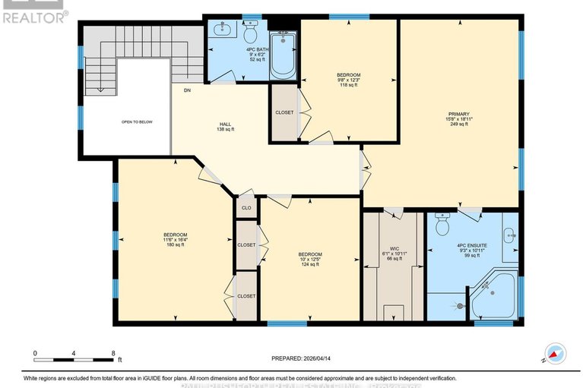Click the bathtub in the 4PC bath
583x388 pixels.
pos(283,53)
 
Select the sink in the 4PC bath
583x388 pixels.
pos(223,30)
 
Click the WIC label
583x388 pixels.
pos(394,248)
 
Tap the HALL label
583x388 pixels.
pos(226,125)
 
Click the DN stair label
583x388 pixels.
pos(186,90)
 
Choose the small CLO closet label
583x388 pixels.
pos(246,207)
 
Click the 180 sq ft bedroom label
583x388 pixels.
pos(175,240)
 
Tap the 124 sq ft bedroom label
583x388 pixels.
pos(309,259)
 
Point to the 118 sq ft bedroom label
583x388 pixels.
pos(349,80)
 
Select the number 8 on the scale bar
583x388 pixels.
pos(113,353)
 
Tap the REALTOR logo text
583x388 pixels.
pos(33,16)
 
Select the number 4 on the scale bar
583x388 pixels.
pos(74,353)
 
